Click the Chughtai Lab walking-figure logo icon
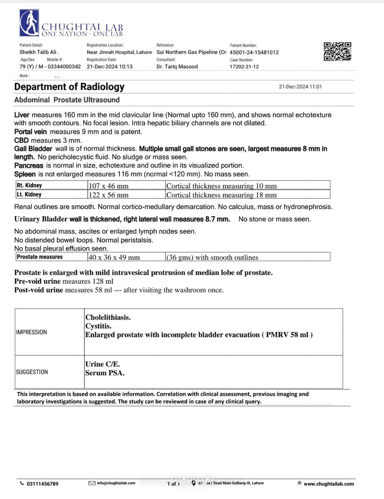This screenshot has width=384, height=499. [x=29, y=23]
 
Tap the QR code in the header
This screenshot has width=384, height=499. [x=337, y=52]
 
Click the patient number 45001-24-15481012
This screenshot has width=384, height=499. [x=254, y=52]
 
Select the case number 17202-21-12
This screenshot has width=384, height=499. [x=244, y=66]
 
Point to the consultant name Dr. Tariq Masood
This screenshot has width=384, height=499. [x=177, y=66]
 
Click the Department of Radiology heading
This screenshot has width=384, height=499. [x=69, y=87]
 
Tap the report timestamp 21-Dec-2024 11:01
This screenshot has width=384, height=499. [x=300, y=87]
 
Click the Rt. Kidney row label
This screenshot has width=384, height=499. [x=29, y=185]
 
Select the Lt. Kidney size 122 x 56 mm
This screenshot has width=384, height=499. [x=108, y=195]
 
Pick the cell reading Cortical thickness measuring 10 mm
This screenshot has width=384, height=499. [x=221, y=186]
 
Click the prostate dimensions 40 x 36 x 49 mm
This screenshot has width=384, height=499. [x=114, y=257]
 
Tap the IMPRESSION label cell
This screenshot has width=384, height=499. [x=31, y=332]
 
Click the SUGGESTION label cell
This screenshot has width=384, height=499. [x=32, y=372]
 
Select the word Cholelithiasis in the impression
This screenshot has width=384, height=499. [x=108, y=317]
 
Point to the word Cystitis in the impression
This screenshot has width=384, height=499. [x=98, y=326]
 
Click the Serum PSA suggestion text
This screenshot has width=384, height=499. [x=105, y=373]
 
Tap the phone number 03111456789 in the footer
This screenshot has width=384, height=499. [x=42, y=484]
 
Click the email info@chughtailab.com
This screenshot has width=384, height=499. [x=116, y=483]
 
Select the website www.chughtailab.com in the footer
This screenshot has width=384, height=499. [x=329, y=484]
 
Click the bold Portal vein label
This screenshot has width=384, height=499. [x=30, y=132]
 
